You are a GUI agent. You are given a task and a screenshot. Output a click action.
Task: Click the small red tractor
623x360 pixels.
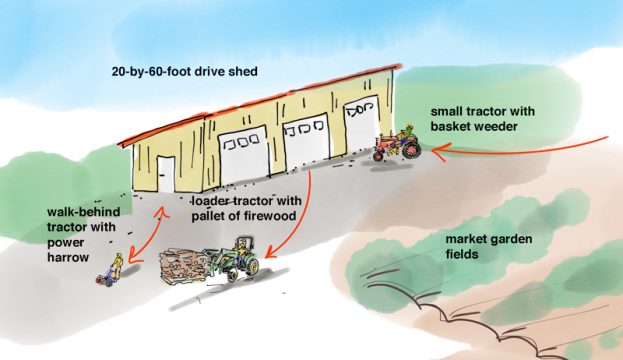[x=397, y=146]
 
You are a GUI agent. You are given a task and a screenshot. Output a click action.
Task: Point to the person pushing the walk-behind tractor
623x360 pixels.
[x=118, y=266]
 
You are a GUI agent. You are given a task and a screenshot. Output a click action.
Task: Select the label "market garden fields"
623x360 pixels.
[x=489, y=247]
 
